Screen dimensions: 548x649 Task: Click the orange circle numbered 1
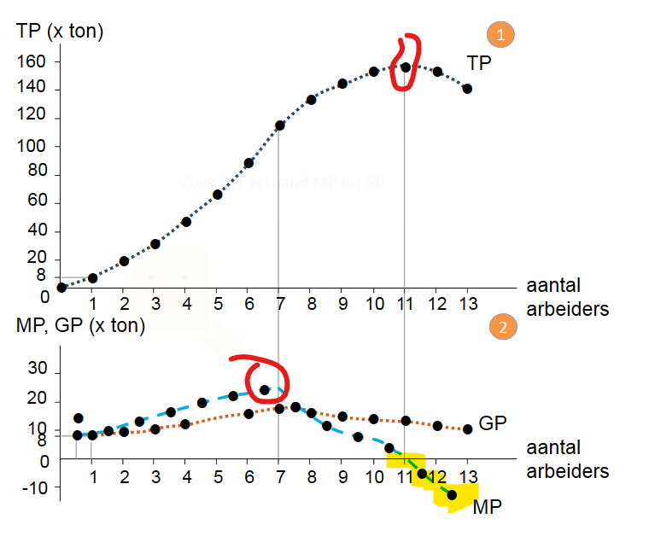pyautogui.click(x=500, y=34)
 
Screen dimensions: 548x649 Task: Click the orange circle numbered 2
pyautogui.click(x=500, y=327)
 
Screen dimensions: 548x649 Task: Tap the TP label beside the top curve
pyautogui.click(x=478, y=62)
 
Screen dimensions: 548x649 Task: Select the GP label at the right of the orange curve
pyautogui.click(x=493, y=423)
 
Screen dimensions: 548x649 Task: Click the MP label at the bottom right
pyautogui.click(x=487, y=507)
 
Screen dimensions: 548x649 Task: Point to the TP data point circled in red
pyautogui.click(x=406, y=67)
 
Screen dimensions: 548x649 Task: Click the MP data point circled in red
pyautogui.click(x=265, y=390)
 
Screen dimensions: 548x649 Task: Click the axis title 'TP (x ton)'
pyautogui.click(x=60, y=32)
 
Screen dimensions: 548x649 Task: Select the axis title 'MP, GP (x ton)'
pyautogui.click(x=81, y=326)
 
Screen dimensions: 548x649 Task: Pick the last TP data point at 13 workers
pyautogui.click(x=467, y=89)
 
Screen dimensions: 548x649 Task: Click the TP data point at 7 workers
pyautogui.click(x=279, y=125)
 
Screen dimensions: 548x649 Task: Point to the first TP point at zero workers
pyautogui.click(x=61, y=288)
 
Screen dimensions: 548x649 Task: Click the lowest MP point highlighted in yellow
pyautogui.click(x=452, y=494)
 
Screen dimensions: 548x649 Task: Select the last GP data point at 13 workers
pyautogui.click(x=467, y=429)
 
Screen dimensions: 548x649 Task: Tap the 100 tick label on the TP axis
pyautogui.click(x=33, y=147)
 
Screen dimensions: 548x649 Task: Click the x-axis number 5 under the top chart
pyautogui.click(x=218, y=304)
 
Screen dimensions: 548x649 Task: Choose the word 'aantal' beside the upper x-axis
pyautogui.click(x=556, y=286)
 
